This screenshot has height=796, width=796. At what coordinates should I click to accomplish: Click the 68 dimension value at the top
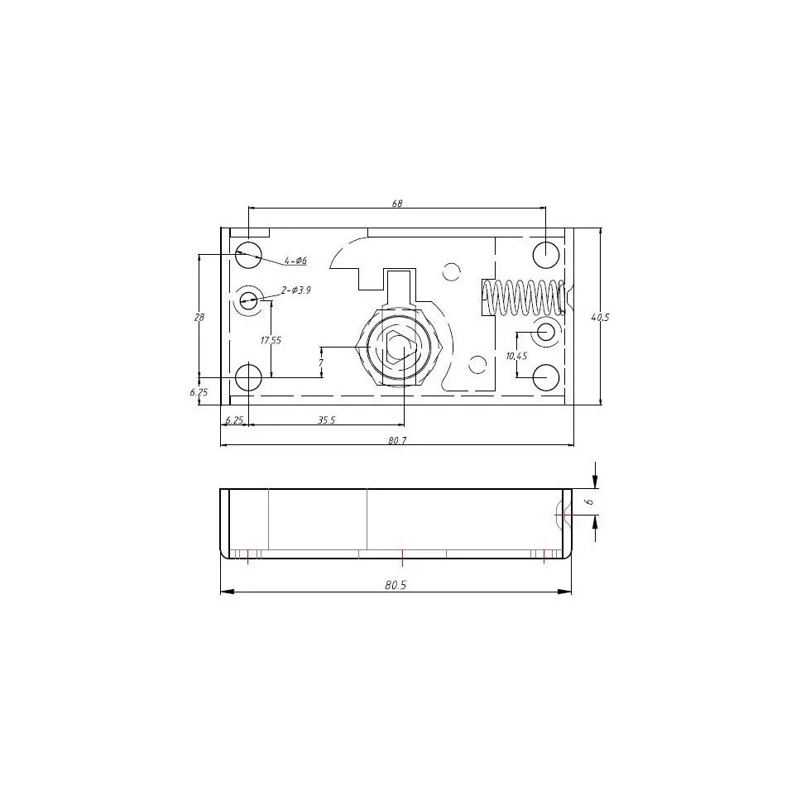click(x=397, y=204)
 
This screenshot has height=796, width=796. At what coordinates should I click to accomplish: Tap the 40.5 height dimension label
click(x=600, y=317)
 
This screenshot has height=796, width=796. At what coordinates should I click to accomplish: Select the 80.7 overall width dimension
click(x=397, y=441)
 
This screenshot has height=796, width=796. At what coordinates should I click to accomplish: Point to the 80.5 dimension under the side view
click(x=396, y=585)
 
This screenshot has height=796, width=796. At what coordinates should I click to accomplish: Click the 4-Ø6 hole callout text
click(x=295, y=261)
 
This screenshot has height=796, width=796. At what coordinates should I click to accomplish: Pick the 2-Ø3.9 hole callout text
click(x=296, y=290)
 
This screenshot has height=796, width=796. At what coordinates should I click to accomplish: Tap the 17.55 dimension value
click(x=271, y=340)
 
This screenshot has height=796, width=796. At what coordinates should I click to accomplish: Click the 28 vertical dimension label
click(x=199, y=317)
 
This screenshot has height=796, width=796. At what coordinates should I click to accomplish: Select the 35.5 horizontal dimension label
click(x=326, y=420)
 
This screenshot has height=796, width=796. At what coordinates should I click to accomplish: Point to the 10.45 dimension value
click(x=516, y=356)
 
